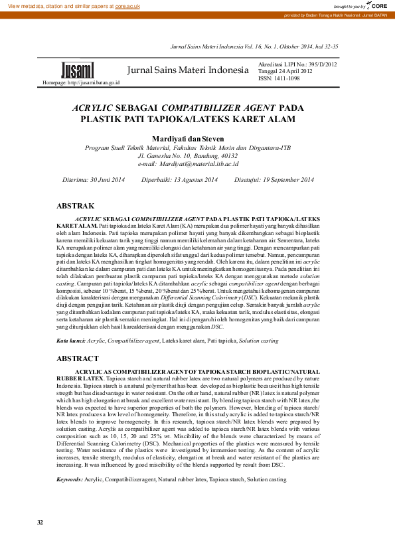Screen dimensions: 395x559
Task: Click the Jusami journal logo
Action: point(78,70)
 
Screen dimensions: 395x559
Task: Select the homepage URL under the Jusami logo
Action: point(81,83)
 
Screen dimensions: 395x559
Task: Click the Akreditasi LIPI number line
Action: point(297,64)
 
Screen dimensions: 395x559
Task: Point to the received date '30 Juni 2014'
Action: point(108,180)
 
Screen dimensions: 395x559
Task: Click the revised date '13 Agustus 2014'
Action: point(197,180)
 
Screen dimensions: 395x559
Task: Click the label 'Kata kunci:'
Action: point(71,339)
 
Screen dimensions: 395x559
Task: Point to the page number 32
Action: point(40,541)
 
